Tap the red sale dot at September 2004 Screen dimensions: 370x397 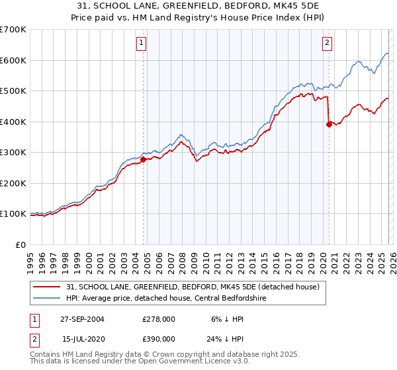(143, 159)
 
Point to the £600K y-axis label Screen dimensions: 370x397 (13, 60)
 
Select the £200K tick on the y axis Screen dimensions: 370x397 (13, 183)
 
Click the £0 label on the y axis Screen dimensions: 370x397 (21, 244)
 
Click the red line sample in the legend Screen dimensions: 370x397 (48, 287)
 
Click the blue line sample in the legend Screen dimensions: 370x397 (48, 298)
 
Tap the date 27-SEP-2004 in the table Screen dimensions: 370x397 (82, 318)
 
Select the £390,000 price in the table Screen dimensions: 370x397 (159, 338)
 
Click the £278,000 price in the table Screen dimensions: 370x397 (159, 318)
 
